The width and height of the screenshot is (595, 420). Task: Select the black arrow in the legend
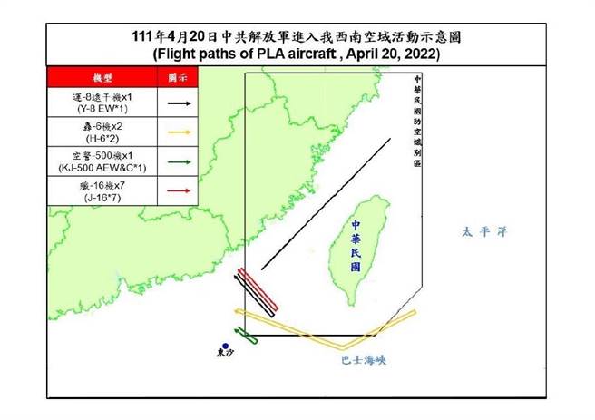pyautogui.click(x=176, y=103)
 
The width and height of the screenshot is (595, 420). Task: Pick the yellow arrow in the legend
pyautogui.click(x=176, y=132)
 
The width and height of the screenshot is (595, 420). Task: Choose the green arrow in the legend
pyautogui.click(x=176, y=162)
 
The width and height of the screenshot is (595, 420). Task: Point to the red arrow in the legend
pyautogui.click(x=176, y=191)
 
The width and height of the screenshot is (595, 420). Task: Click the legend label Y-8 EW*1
pyautogui.click(x=102, y=110)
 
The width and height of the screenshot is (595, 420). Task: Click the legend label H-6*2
pyautogui.click(x=102, y=139)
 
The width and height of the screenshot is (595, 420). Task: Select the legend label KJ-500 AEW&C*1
pyautogui.click(x=102, y=169)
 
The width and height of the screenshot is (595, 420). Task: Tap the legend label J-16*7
pyautogui.click(x=102, y=198)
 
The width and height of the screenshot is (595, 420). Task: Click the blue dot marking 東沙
pyautogui.click(x=225, y=345)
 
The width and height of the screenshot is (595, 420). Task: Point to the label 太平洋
pyautogui.click(x=482, y=233)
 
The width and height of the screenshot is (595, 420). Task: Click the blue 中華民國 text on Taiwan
pyautogui.click(x=356, y=243)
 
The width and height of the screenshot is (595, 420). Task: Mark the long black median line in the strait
pyautogui.click(x=326, y=204)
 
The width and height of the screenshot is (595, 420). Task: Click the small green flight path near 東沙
pyautogui.click(x=246, y=337)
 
